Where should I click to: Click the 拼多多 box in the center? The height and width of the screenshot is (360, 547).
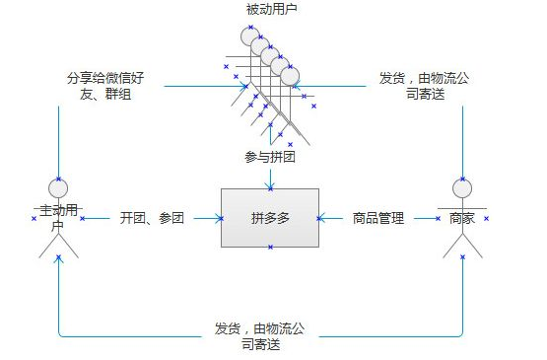(x=270, y=218)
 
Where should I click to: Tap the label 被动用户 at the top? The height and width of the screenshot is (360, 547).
(x=271, y=9)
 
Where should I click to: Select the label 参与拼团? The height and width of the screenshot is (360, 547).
(x=270, y=157)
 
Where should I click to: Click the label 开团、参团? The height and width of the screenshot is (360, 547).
(x=152, y=218)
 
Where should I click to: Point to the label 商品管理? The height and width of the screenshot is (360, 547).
(x=378, y=218)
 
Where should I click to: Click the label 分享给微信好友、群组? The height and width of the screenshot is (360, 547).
(x=105, y=86)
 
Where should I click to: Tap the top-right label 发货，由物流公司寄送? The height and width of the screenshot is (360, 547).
(x=425, y=86)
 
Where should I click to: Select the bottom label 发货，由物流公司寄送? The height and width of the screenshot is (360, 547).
(x=260, y=336)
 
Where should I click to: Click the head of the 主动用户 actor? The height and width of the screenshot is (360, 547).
(x=58, y=188)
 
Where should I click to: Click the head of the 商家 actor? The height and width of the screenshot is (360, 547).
(x=462, y=188)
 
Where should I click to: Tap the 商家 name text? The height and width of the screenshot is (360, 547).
(x=462, y=219)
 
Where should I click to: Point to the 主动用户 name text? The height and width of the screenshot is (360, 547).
(x=58, y=218)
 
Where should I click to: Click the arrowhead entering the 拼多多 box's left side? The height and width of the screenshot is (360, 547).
(x=219, y=219)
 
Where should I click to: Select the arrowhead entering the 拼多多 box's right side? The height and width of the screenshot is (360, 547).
(x=321, y=219)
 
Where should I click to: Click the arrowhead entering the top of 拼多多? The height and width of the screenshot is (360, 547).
(x=270, y=185)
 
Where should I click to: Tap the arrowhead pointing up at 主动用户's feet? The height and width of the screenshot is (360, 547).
(x=58, y=259)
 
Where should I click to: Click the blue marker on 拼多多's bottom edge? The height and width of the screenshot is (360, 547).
(x=270, y=248)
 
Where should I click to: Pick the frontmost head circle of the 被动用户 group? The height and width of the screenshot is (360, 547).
(x=290, y=76)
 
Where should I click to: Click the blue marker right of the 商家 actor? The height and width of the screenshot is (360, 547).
(x=486, y=219)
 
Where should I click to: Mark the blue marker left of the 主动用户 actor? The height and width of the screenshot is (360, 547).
(x=34, y=219)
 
